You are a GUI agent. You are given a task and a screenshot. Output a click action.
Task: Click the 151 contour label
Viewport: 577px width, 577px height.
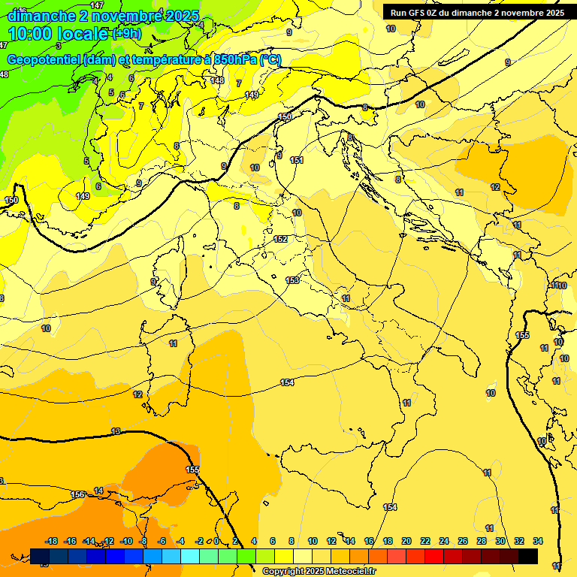pos(297,160)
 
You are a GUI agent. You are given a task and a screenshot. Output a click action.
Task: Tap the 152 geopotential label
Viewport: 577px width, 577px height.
pos(280,239)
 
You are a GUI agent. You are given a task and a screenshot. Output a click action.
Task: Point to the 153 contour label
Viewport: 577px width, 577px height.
pos(292,280)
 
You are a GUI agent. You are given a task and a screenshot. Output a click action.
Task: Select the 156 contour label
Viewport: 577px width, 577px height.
pos(77,494)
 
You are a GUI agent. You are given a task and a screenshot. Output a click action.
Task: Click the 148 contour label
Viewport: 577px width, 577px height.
pos(217,80)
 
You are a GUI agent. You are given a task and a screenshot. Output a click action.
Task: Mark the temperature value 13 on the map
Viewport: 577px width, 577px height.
pos(115,431)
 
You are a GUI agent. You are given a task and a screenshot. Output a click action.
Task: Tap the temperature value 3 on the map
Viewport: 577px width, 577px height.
pos(59,46)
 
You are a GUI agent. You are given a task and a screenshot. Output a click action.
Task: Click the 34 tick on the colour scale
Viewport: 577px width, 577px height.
pos(538,541)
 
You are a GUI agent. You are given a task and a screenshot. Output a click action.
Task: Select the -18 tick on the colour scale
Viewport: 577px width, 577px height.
pos(52,541)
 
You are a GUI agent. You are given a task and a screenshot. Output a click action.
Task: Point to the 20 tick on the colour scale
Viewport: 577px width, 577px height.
pos(406,541)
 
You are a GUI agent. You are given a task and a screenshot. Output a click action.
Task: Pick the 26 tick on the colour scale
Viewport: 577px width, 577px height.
pos(463,541)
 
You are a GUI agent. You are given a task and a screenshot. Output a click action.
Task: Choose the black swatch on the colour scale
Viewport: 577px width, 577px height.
pos(528,556)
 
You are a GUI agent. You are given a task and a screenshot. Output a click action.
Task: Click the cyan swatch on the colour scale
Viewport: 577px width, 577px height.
pos(190,556)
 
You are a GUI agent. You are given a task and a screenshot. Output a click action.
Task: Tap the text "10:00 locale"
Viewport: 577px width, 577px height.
pos(58,34)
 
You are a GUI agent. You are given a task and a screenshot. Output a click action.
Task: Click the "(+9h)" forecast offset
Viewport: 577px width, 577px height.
pos(125,34)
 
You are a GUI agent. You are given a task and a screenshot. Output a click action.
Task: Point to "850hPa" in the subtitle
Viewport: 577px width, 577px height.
pos(234,60)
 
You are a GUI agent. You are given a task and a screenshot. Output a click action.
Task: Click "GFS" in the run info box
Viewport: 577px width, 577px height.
pos(420,13)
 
